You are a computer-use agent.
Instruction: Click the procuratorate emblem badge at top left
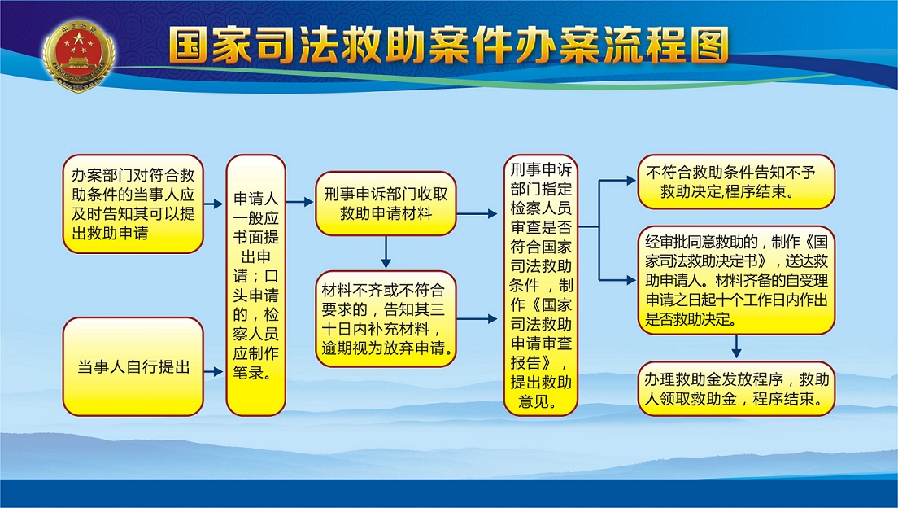click(78, 55)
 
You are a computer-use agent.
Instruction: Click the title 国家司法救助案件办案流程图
click(448, 45)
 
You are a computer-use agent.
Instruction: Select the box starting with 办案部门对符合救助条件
click(133, 204)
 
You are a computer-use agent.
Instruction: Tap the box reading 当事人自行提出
click(133, 367)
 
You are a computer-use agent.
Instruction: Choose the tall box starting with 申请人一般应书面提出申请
click(256, 285)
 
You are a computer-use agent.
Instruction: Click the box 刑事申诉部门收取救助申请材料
click(386, 204)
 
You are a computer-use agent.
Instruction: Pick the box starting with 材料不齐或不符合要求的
click(386, 319)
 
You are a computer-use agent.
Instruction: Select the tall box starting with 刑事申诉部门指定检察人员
click(541, 285)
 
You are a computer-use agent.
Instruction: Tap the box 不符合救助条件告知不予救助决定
click(736, 182)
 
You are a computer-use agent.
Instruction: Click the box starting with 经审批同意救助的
click(736, 280)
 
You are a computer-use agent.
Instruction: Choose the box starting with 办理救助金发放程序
click(736, 389)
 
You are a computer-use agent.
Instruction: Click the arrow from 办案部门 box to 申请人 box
click(214, 204)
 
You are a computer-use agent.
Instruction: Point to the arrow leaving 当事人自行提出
click(214, 371)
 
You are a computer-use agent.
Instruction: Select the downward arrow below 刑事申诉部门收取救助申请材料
click(386, 252)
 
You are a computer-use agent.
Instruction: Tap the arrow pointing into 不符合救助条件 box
click(617, 181)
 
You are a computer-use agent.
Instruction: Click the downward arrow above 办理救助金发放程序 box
click(736, 348)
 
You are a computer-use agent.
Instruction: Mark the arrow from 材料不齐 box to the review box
click(477, 319)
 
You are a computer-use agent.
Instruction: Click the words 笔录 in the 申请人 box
click(249, 373)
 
